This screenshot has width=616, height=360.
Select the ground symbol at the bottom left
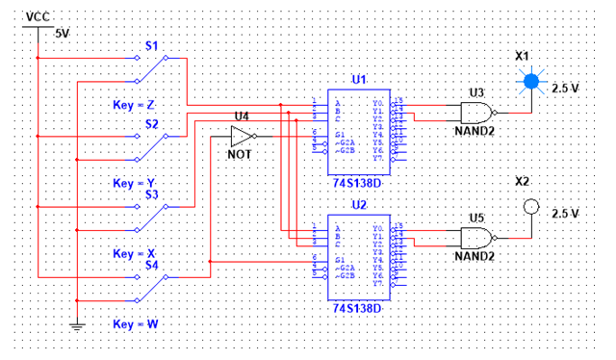pos(77,326)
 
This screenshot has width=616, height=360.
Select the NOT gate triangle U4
pos(241,137)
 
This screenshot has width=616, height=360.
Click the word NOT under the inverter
pos(240,154)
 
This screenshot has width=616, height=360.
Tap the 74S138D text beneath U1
pos(358,178)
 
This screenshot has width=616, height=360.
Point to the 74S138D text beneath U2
pos(357,309)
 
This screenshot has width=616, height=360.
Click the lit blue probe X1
pos(528,83)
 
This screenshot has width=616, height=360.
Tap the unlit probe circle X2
pos(528,206)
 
